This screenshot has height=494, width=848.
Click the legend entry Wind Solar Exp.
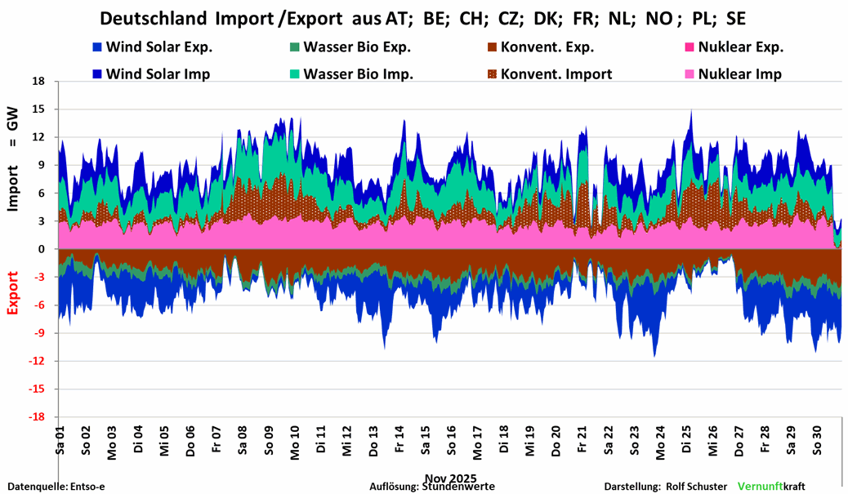(x=147, y=48)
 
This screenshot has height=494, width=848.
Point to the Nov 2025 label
(x=450, y=478)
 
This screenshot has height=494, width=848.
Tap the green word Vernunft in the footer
(x=760, y=486)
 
